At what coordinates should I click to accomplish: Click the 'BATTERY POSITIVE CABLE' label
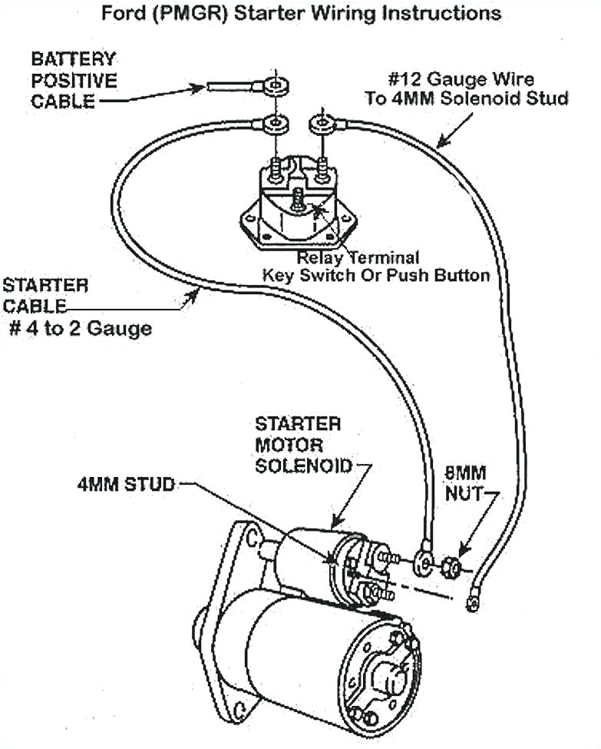pos(74,80)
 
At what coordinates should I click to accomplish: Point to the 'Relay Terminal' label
pos(358,257)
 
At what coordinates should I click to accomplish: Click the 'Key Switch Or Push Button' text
pos(376,275)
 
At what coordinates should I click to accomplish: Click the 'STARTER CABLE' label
pos(45,295)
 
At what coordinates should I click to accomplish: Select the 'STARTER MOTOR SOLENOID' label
pos(302,445)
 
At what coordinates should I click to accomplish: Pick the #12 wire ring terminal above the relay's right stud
pos(319,122)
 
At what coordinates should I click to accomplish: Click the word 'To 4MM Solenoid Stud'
pos(467,99)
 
